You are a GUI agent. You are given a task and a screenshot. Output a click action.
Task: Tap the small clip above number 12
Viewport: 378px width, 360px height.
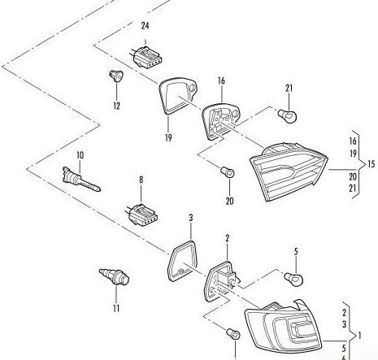tap(115, 77)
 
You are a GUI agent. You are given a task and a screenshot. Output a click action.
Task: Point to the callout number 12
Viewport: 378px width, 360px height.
tap(115, 105)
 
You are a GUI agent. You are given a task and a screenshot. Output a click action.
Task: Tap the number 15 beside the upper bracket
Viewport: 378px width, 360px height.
tap(371, 164)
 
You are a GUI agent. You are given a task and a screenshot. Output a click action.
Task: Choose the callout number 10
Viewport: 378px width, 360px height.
tap(80, 154)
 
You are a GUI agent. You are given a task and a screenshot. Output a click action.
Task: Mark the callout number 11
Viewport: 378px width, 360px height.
tap(116, 308)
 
